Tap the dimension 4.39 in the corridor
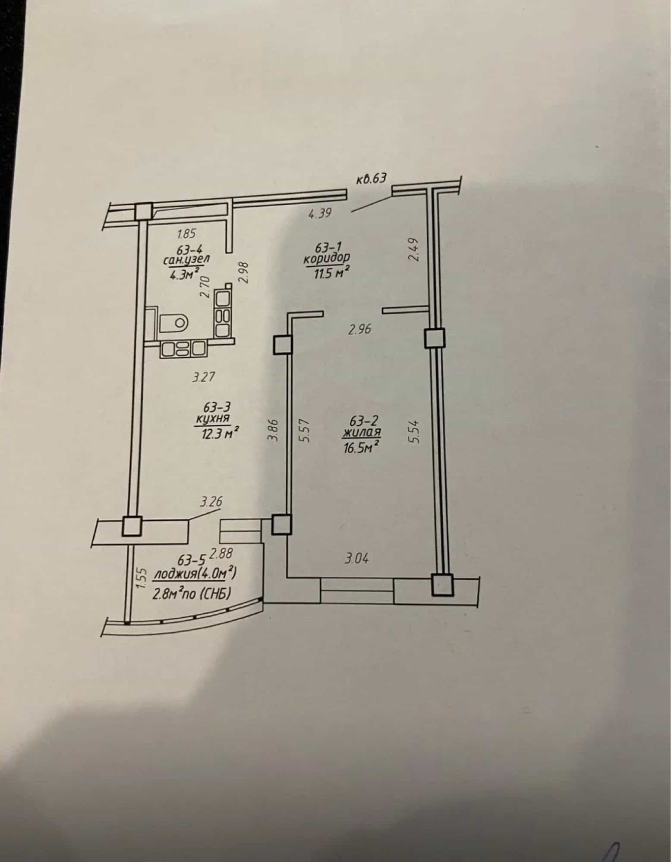click(320, 213)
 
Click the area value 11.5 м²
click(333, 272)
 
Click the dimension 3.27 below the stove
click(203, 378)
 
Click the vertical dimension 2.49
click(414, 250)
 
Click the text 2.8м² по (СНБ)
click(192, 594)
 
